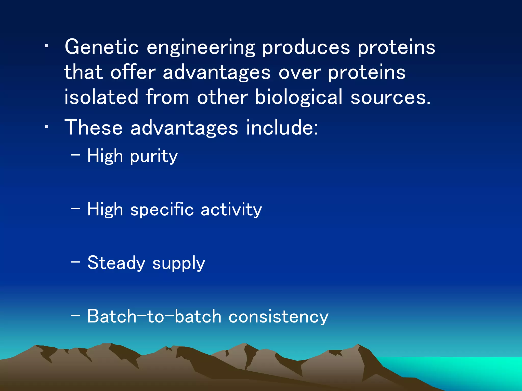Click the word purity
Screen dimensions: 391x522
pos(154,157)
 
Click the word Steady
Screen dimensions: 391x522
pos(116,263)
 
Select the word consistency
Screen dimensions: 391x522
pos(278,317)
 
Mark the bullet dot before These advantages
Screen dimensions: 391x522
pos(46,127)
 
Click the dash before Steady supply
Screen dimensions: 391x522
pos(75,262)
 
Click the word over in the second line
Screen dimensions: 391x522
pos(299,73)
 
